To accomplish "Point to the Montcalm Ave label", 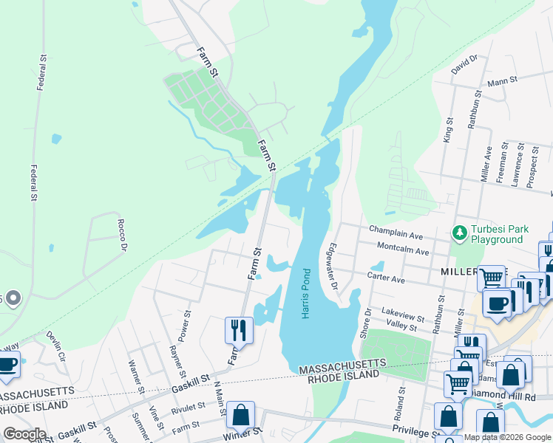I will (x=403, y=251).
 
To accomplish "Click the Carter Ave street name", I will (x=387, y=280).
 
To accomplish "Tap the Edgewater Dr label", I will (x=333, y=266).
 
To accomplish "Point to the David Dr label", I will (x=464, y=64).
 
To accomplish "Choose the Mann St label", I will (x=501, y=83).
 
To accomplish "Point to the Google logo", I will (x=24, y=433).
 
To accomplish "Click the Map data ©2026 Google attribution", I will (x=507, y=437).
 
